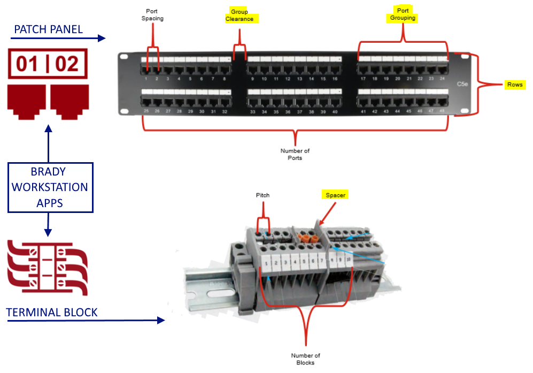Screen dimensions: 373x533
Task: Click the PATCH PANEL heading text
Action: (48, 29)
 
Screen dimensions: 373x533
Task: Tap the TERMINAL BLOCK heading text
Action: (52, 312)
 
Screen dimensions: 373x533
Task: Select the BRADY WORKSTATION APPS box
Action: (50, 187)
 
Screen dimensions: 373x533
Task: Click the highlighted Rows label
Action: (515, 85)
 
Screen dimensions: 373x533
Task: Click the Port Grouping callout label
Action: (403, 14)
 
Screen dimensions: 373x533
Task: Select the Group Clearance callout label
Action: (240, 16)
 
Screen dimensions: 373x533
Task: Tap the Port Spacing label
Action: (152, 14)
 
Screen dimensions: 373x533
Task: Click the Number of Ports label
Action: (295, 154)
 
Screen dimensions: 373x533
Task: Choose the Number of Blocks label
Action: (305, 359)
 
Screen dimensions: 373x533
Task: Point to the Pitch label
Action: (262, 195)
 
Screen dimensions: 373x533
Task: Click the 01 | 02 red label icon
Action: (48, 64)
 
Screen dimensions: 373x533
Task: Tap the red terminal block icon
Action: (48, 268)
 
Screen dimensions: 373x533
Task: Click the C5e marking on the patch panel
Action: (462, 84)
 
